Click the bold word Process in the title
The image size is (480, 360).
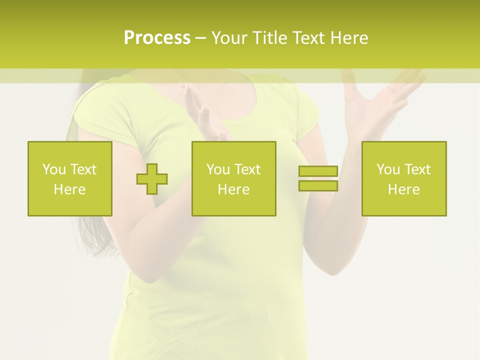tap(157, 38)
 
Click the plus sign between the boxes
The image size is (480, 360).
tap(152, 178)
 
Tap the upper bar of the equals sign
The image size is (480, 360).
tap(318, 171)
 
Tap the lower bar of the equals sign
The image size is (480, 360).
tap(318, 185)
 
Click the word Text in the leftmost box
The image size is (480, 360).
tap(83, 169)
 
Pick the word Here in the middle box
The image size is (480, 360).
tap(233, 189)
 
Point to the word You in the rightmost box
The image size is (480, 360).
tap(388, 169)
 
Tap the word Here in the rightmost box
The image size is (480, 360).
tap(404, 189)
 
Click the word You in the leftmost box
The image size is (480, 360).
tap(53, 169)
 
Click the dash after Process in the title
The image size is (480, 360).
tap(201, 38)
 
